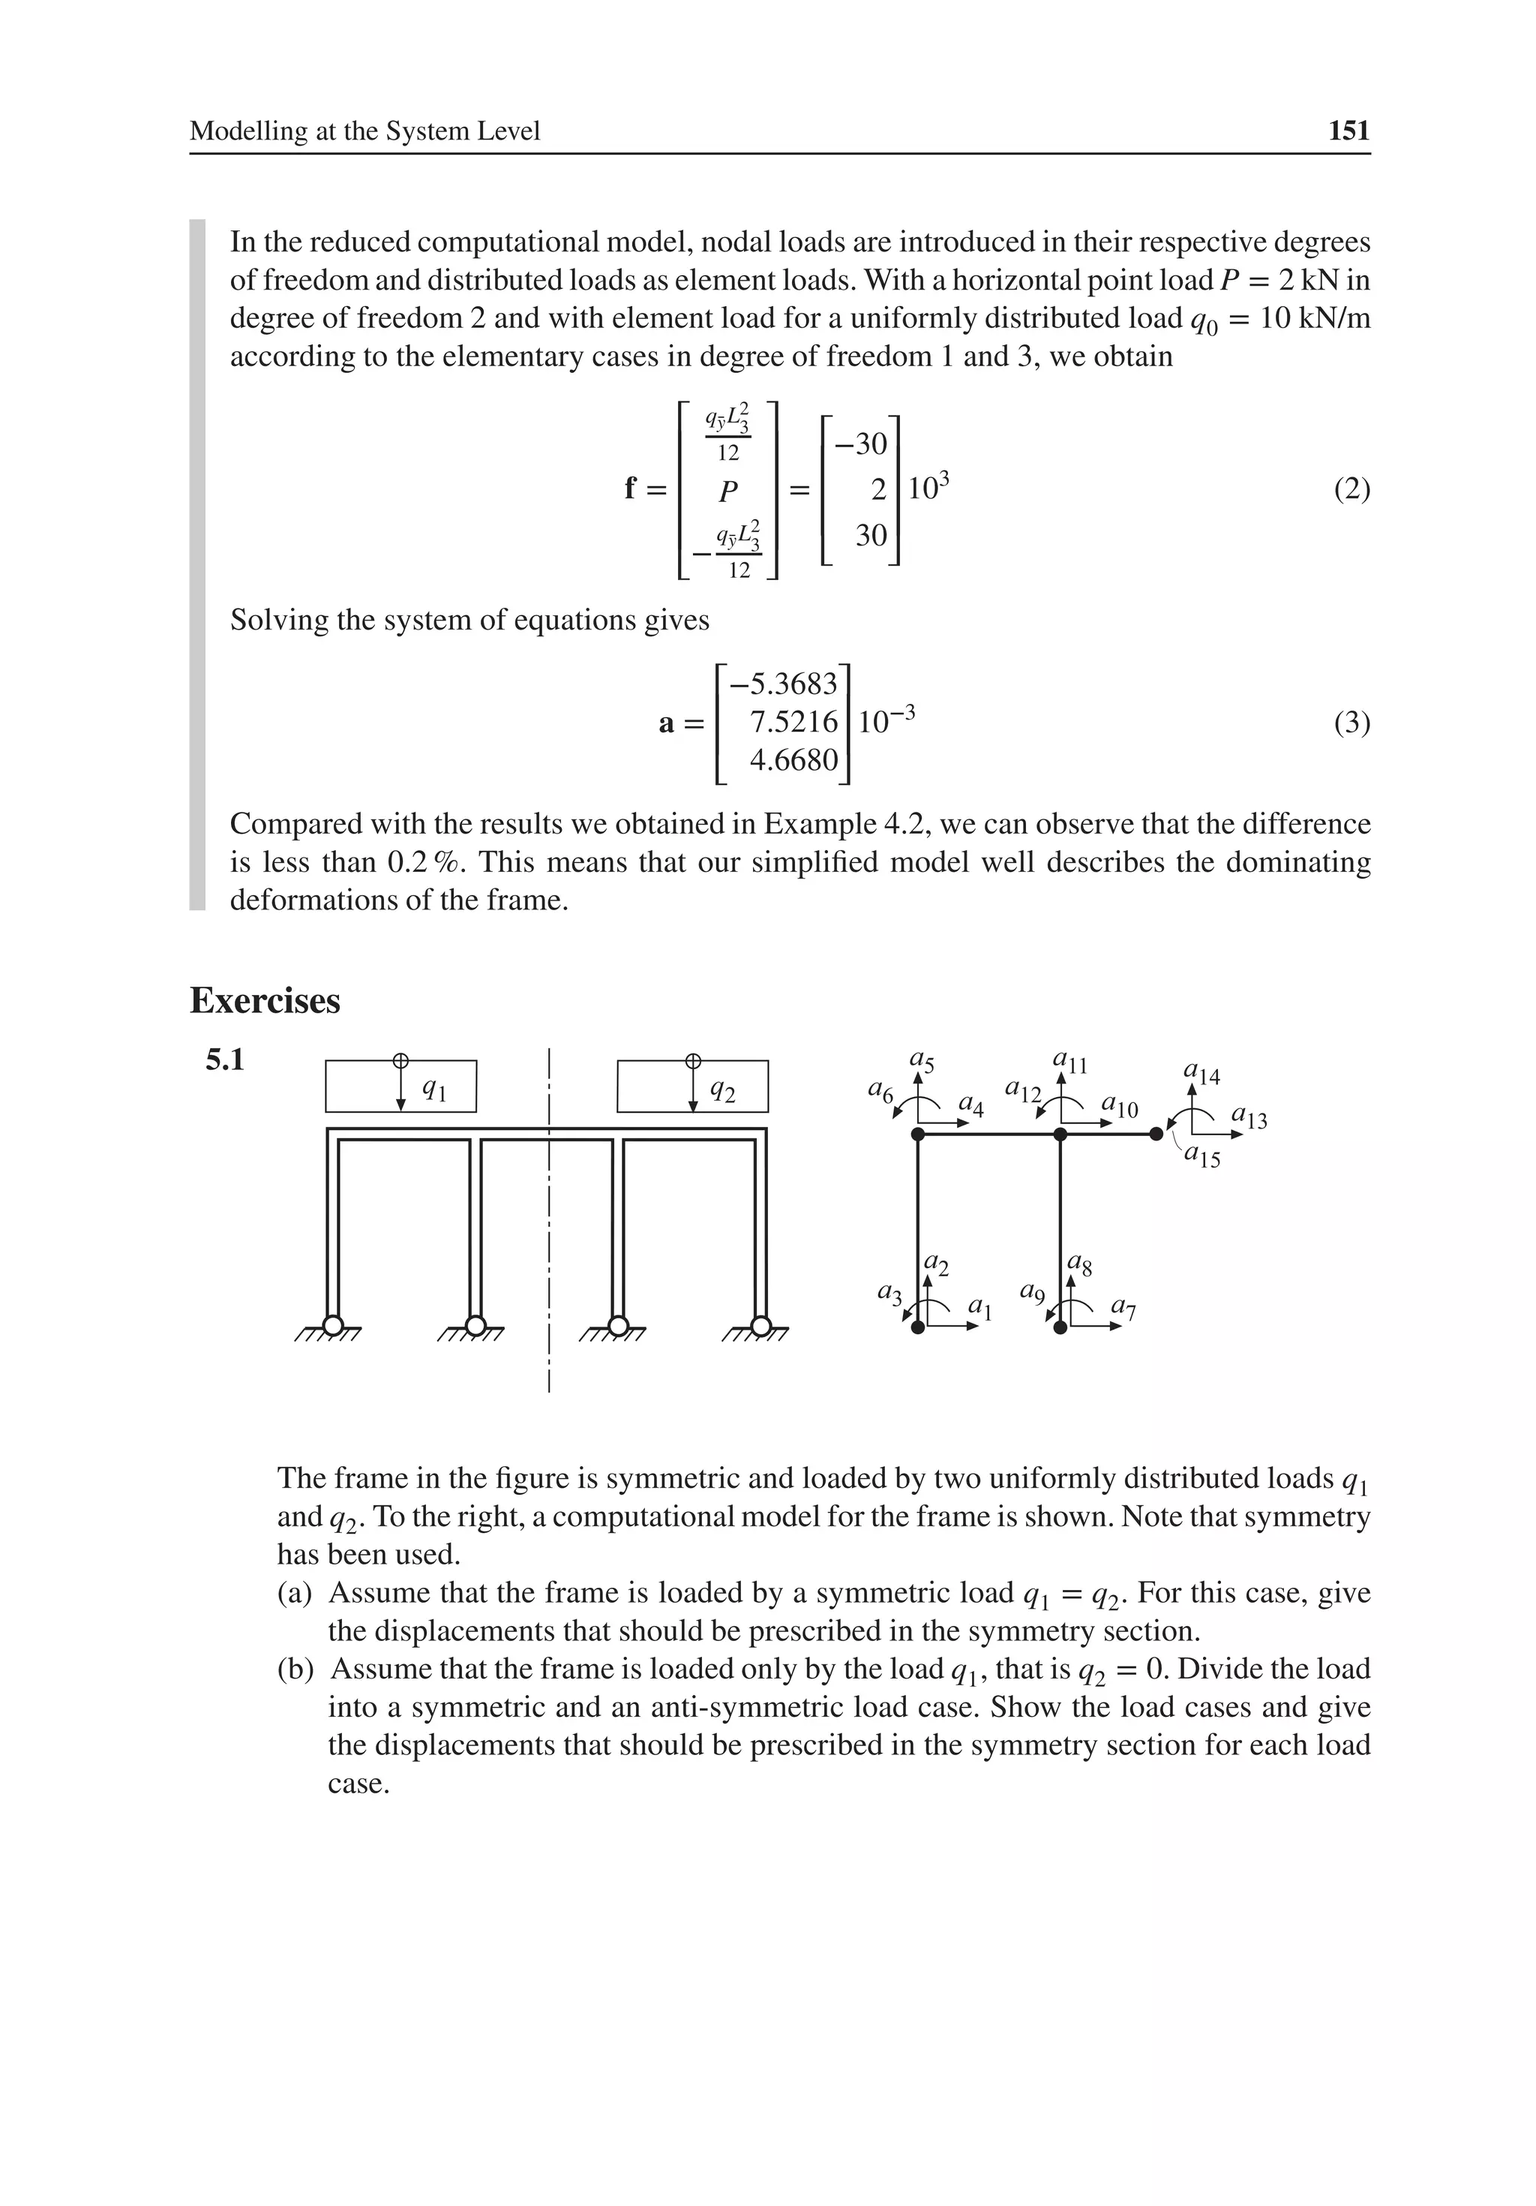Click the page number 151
click(1348, 131)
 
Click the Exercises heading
click(265, 1000)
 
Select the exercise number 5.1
click(225, 1061)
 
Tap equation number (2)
click(1351, 489)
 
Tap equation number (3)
click(1351, 722)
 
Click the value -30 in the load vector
click(861, 444)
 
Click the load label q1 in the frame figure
click(434, 1089)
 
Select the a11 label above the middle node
click(1069, 1062)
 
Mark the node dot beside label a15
click(1156, 1135)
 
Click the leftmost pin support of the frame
click(332, 1326)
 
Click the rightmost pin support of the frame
click(760, 1326)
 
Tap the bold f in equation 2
click(630, 489)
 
